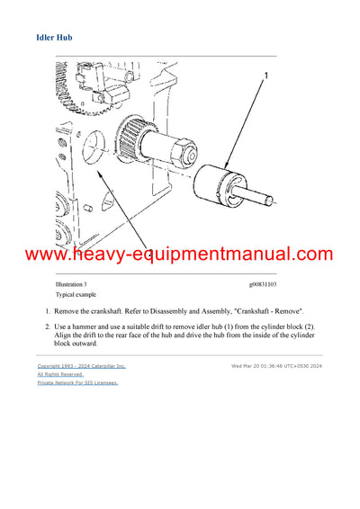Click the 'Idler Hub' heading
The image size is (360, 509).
point(55,39)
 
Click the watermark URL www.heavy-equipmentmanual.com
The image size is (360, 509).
point(180,255)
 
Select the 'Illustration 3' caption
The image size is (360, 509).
point(72,283)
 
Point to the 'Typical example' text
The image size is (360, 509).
point(76,294)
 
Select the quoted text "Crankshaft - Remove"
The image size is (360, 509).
point(271,310)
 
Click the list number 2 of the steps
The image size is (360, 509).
point(48,326)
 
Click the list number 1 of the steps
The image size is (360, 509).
point(48,310)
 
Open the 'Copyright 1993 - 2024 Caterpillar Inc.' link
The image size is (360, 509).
point(81,366)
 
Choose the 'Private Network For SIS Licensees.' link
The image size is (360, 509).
point(77,382)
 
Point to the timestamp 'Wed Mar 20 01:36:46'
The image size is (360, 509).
point(257,366)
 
